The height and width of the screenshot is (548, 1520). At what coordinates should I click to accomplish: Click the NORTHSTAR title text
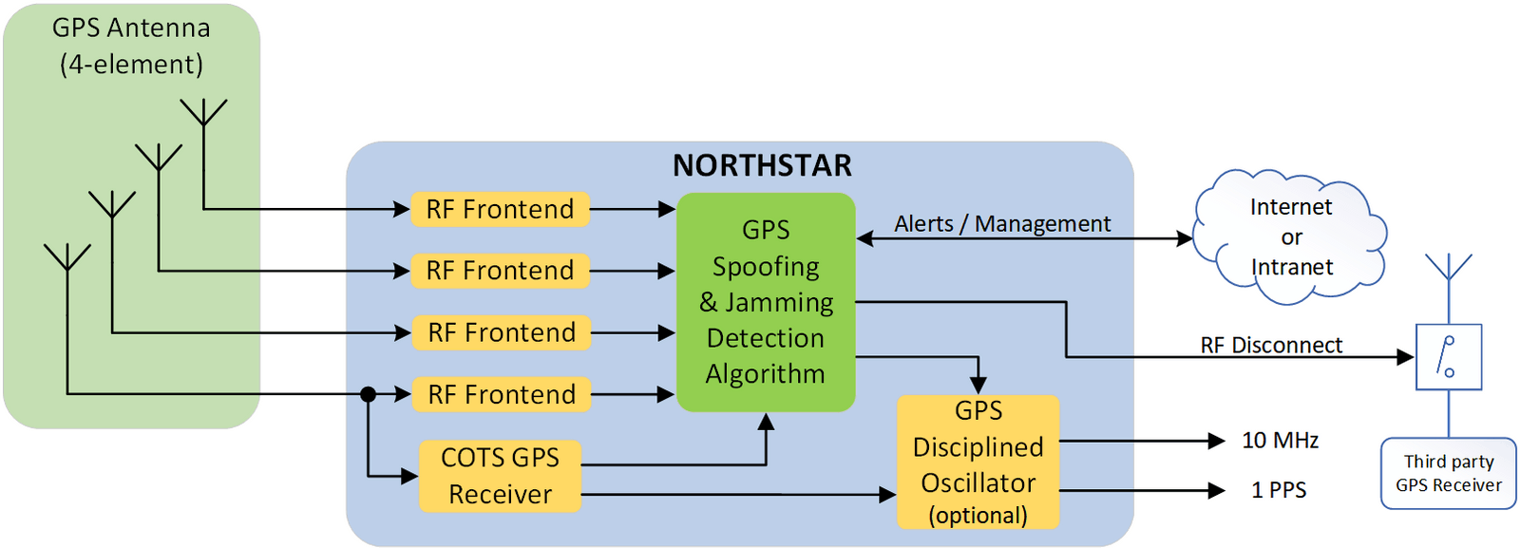[x=762, y=165]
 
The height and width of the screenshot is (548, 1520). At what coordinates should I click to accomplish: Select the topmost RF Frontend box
[x=500, y=209]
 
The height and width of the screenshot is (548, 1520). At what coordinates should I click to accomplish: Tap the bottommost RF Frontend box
[x=501, y=394]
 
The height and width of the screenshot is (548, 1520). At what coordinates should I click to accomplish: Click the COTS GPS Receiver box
[x=500, y=476]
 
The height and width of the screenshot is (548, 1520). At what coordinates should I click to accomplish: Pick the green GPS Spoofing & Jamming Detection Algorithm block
[x=766, y=302]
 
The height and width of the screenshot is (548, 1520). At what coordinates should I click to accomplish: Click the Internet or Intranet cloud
[x=1290, y=236]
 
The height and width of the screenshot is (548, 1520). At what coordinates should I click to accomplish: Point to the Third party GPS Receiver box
[x=1448, y=473]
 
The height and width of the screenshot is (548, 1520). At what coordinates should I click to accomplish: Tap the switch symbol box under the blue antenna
[x=1448, y=357]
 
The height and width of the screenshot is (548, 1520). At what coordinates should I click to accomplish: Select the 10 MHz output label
[x=1280, y=441]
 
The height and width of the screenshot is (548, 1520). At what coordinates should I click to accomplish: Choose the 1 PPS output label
[x=1279, y=490]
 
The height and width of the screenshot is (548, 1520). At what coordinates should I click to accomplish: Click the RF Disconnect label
[x=1271, y=345]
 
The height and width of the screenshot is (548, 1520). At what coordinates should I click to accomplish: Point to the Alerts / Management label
[x=1002, y=224]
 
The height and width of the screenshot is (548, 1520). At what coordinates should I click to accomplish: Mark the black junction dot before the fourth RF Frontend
[x=369, y=394]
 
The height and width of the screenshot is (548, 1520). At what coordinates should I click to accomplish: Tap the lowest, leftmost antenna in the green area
[x=67, y=258]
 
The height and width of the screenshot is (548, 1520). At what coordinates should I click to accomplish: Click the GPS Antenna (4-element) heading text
[x=131, y=46]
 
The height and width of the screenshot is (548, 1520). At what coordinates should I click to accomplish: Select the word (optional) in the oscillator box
[x=978, y=516]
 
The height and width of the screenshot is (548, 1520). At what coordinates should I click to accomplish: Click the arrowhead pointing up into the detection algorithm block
[x=766, y=422]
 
